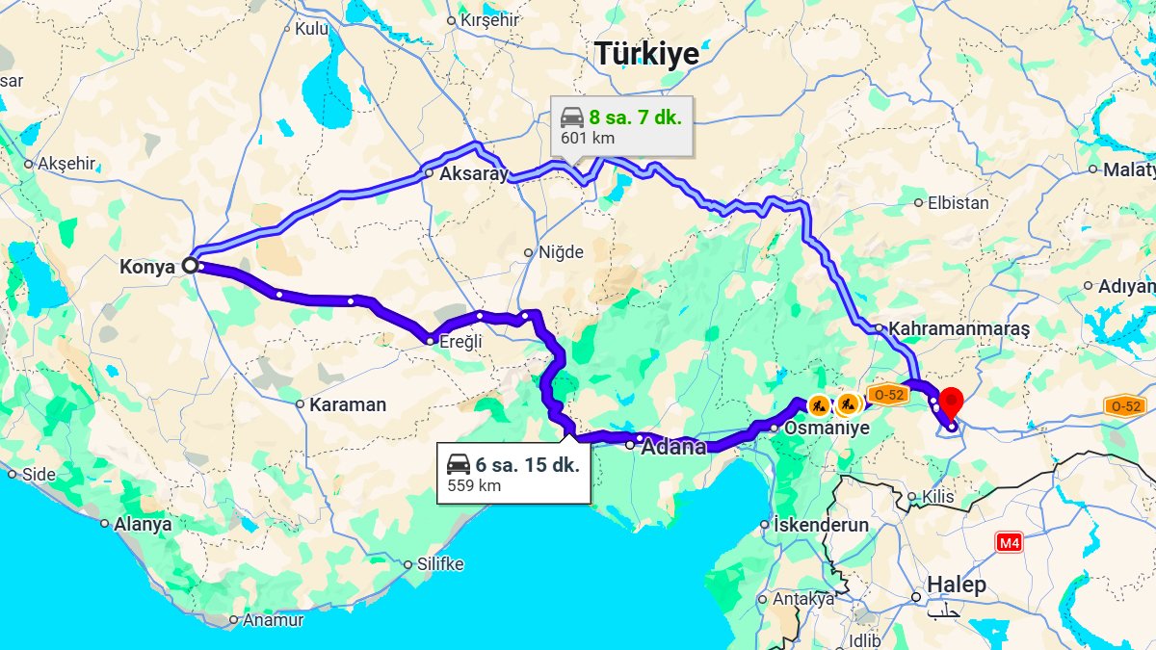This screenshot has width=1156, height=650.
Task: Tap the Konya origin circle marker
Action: pos(190,266)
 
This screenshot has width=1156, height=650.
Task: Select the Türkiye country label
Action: pos(645,54)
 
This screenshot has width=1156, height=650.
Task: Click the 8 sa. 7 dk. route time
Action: pos(635,117)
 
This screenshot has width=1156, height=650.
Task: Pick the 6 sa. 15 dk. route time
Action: pos(527,464)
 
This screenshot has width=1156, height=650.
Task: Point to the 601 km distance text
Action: pos(587,138)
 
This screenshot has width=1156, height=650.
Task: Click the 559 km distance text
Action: pos(474,485)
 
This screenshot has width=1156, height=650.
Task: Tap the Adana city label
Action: pos(674,447)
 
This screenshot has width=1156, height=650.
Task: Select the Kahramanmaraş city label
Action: pos(959,328)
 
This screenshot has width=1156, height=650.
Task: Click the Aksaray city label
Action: pos(473,174)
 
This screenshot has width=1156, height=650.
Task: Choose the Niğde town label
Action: pos(560,252)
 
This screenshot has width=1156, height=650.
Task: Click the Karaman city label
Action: pos(347,404)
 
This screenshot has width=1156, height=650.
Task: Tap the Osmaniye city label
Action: pos(827,427)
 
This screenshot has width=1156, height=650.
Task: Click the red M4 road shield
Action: pos(1009,543)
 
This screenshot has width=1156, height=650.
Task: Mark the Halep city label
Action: pos(956,585)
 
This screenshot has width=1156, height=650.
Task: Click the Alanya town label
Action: pos(143,525)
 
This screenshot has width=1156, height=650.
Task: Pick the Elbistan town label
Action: pos(958,203)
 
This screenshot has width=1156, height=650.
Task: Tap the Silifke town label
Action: pos(439,564)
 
